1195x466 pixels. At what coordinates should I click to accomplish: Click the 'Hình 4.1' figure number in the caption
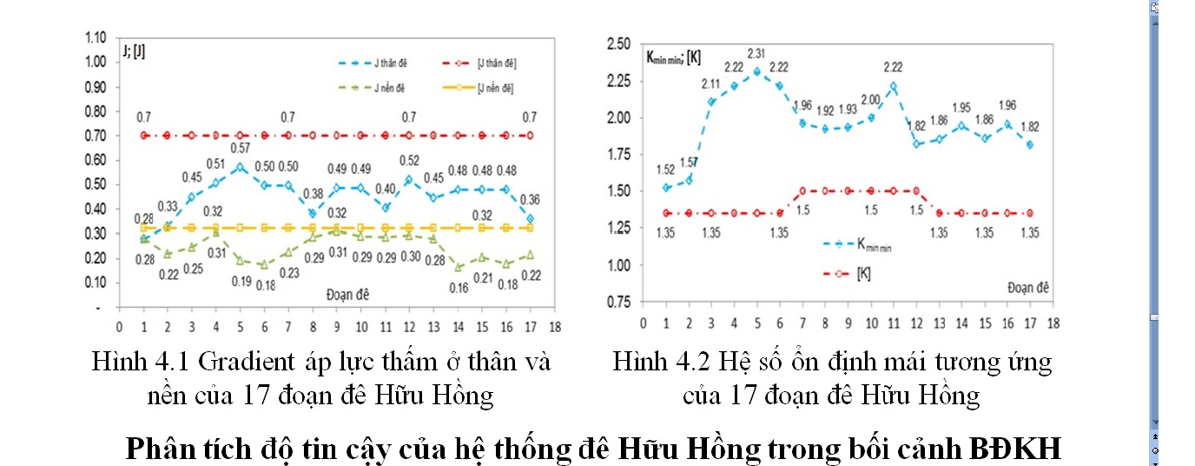point(135,362)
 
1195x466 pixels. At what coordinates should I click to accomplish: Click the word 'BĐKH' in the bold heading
point(1017,449)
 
